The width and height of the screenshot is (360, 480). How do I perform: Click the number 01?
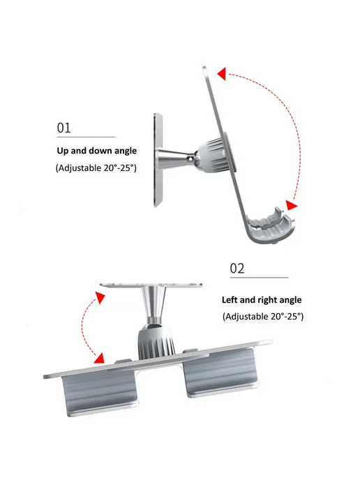[x=63, y=128]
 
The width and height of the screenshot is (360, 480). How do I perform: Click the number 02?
[x=237, y=269]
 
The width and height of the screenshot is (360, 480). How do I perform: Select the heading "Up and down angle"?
[x=97, y=151]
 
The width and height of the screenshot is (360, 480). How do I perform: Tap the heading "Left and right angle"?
[x=262, y=300]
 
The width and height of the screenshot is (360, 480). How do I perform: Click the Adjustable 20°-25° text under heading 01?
[x=96, y=167]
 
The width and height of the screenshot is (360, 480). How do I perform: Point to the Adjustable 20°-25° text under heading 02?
[x=263, y=316]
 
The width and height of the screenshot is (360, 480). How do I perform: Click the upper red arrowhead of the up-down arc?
[x=222, y=74]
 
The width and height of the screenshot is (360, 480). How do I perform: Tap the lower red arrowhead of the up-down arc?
[x=291, y=205]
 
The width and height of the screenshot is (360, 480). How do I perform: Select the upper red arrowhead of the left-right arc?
[x=100, y=297]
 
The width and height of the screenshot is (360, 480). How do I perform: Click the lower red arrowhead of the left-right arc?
[x=100, y=358]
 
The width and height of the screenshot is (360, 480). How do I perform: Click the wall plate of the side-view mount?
[x=158, y=160]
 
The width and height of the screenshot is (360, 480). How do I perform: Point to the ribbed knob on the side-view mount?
[x=211, y=156]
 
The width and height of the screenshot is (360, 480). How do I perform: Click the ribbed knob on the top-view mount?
[x=156, y=343]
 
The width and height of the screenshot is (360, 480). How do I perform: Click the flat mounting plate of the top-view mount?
[x=151, y=285]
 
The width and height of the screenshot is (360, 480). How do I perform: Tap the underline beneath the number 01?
[x=86, y=137]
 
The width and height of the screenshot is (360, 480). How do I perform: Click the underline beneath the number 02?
[x=259, y=278]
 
